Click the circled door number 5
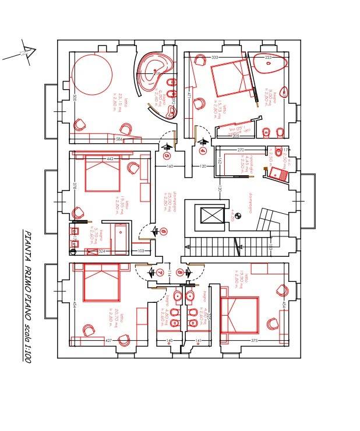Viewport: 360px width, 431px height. (x=167, y=156)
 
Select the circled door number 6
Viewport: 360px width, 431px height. (x=164, y=231)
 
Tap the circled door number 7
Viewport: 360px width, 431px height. (x=160, y=272)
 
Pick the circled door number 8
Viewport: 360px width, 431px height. (x=180, y=272)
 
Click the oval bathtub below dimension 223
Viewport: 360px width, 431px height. (x=269, y=63)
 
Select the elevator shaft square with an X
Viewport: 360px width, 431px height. (x=210, y=216)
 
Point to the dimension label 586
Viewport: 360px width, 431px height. (x=119, y=140)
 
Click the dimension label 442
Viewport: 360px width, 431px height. (x=110, y=158)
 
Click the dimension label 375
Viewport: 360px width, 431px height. (x=255, y=341)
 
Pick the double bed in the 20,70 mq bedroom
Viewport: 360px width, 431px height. (x=101, y=284)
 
